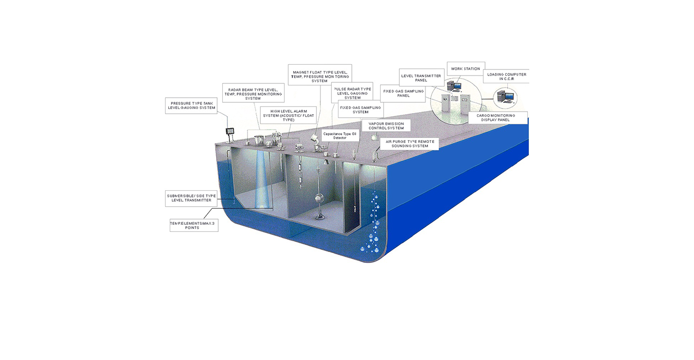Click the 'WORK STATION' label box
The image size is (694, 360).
(x=465, y=68)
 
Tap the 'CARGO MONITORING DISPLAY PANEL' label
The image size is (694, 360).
(x=498, y=118)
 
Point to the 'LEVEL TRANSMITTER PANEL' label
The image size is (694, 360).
(x=421, y=78)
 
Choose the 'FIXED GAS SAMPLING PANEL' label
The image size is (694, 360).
(x=403, y=93)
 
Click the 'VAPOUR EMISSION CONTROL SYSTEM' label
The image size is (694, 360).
(x=386, y=126)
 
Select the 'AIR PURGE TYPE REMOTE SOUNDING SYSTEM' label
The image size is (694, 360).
(x=410, y=143)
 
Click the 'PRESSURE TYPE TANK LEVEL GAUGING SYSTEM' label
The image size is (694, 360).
(x=191, y=105)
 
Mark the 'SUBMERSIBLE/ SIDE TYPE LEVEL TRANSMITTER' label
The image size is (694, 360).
(x=191, y=199)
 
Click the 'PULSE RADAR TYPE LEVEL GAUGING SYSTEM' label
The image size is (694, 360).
(x=352, y=93)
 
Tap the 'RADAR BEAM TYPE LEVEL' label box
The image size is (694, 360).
(x=256, y=93)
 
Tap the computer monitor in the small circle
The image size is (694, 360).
(x=503, y=95)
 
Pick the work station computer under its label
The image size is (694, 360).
(x=453, y=85)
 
